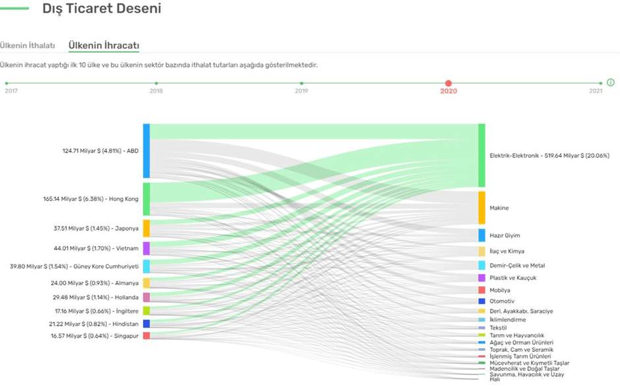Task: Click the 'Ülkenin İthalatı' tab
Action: pyautogui.click(x=27, y=45)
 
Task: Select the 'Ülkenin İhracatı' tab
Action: pyautogui.click(x=104, y=45)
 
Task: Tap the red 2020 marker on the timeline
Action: pyautogui.click(x=449, y=83)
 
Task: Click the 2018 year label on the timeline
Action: pyautogui.click(x=156, y=91)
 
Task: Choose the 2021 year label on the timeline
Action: pyautogui.click(x=596, y=91)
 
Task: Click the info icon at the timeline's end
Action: pyautogui.click(x=611, y=82)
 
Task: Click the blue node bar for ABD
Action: pyautogui.click(x=146, y=150)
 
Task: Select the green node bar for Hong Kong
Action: pyautogui.click(x=146, y=198)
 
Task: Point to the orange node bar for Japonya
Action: pyautogui.click(x=146, y=228)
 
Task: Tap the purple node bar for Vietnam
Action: pyautogui.click(x=146, y=249)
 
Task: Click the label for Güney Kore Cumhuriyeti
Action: pyautogui.click(x=75, y=266)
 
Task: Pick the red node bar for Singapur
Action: pyautogui.click(x=146, y=336)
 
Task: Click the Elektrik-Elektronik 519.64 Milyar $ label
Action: pyautogui.click(x=549, y=156)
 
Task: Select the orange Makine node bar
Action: pyautogui.click(x=481, y=208)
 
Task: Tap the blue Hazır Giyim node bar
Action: pyautogui.click(x=481, y=235)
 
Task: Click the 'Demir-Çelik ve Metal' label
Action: pyautogui.click(x=517, y=265)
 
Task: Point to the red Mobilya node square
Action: pyautogui.click(x=481, y=290)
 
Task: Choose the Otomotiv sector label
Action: pyautogui.click(x=502, y=301)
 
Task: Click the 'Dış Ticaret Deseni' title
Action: pyautogui.click(x=102, y=9)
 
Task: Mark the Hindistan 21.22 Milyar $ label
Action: pyautogui.click(x=94, y=324)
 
